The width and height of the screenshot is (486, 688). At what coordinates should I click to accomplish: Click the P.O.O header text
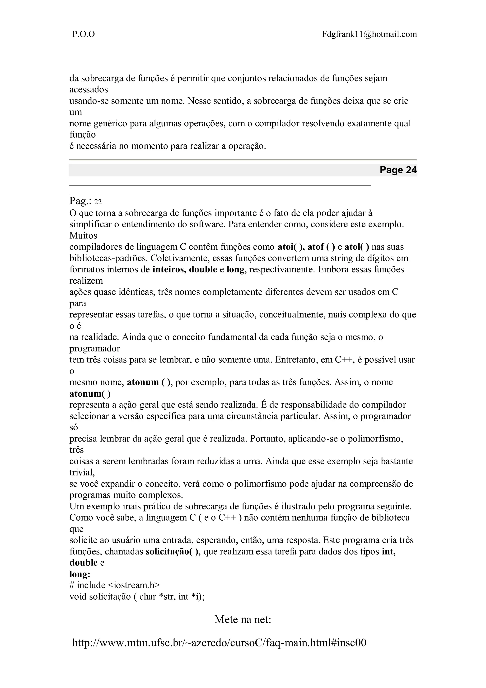84,34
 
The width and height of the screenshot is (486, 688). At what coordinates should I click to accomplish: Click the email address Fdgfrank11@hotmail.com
369,34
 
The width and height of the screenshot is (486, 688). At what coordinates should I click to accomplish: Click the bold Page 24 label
398,170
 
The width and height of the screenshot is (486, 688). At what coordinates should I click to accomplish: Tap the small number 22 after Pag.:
98,202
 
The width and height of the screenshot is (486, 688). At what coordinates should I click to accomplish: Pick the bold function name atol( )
357,247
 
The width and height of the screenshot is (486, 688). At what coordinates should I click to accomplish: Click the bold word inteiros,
169,269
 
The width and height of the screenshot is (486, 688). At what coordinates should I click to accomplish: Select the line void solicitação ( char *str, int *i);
137,597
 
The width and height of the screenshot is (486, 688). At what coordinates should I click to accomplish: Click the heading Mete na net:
243,619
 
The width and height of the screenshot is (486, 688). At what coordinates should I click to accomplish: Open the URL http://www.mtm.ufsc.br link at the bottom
219,643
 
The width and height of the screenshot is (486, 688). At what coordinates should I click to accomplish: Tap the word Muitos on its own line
83,236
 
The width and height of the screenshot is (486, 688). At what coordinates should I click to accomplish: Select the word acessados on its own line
89,90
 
